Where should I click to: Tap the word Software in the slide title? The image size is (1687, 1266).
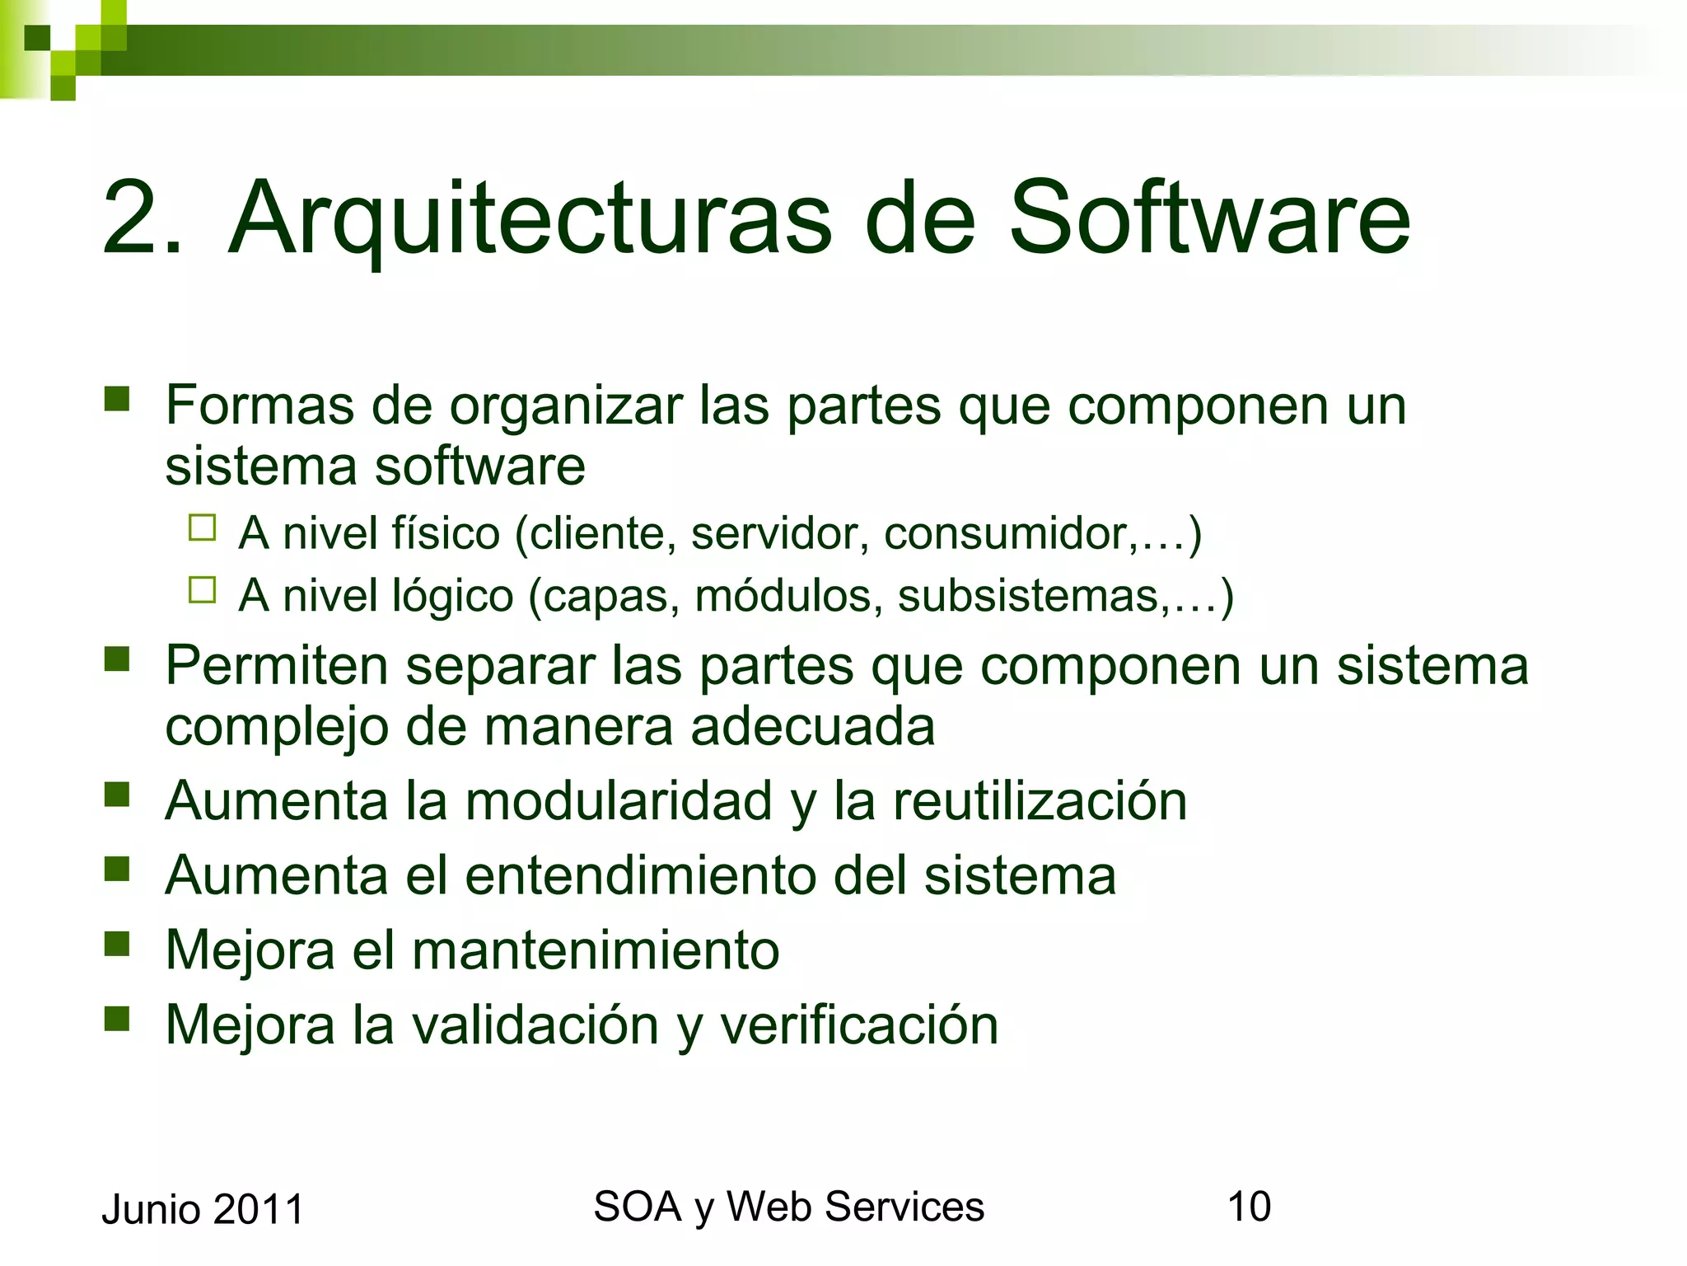[1209, 218]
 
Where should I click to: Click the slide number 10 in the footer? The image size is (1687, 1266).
[1249, 1207]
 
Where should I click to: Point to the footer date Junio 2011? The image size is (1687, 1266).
[203, 1210]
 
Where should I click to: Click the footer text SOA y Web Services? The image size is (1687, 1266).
[788, 1207]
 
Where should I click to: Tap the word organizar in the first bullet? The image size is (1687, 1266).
[566, 406]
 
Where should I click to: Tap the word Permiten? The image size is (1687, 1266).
[276, 665]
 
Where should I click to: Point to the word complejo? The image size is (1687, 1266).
[276, 728]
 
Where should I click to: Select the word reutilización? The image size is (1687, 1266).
[1040, 801]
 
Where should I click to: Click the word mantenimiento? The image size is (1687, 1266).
[595, 950]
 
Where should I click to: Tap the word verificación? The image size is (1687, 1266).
[859, 1025]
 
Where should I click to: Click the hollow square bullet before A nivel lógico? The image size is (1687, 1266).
[202, 591]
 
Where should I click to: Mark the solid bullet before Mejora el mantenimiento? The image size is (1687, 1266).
[117, 943]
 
